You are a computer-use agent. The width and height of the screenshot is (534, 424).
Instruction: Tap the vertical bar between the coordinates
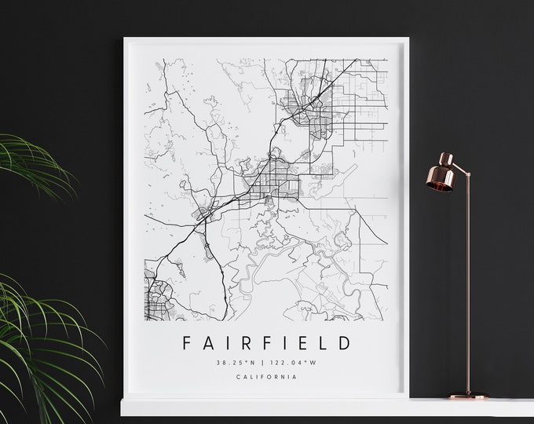pos(262,362)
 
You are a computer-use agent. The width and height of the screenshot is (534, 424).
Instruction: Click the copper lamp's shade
pos(444,176)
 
